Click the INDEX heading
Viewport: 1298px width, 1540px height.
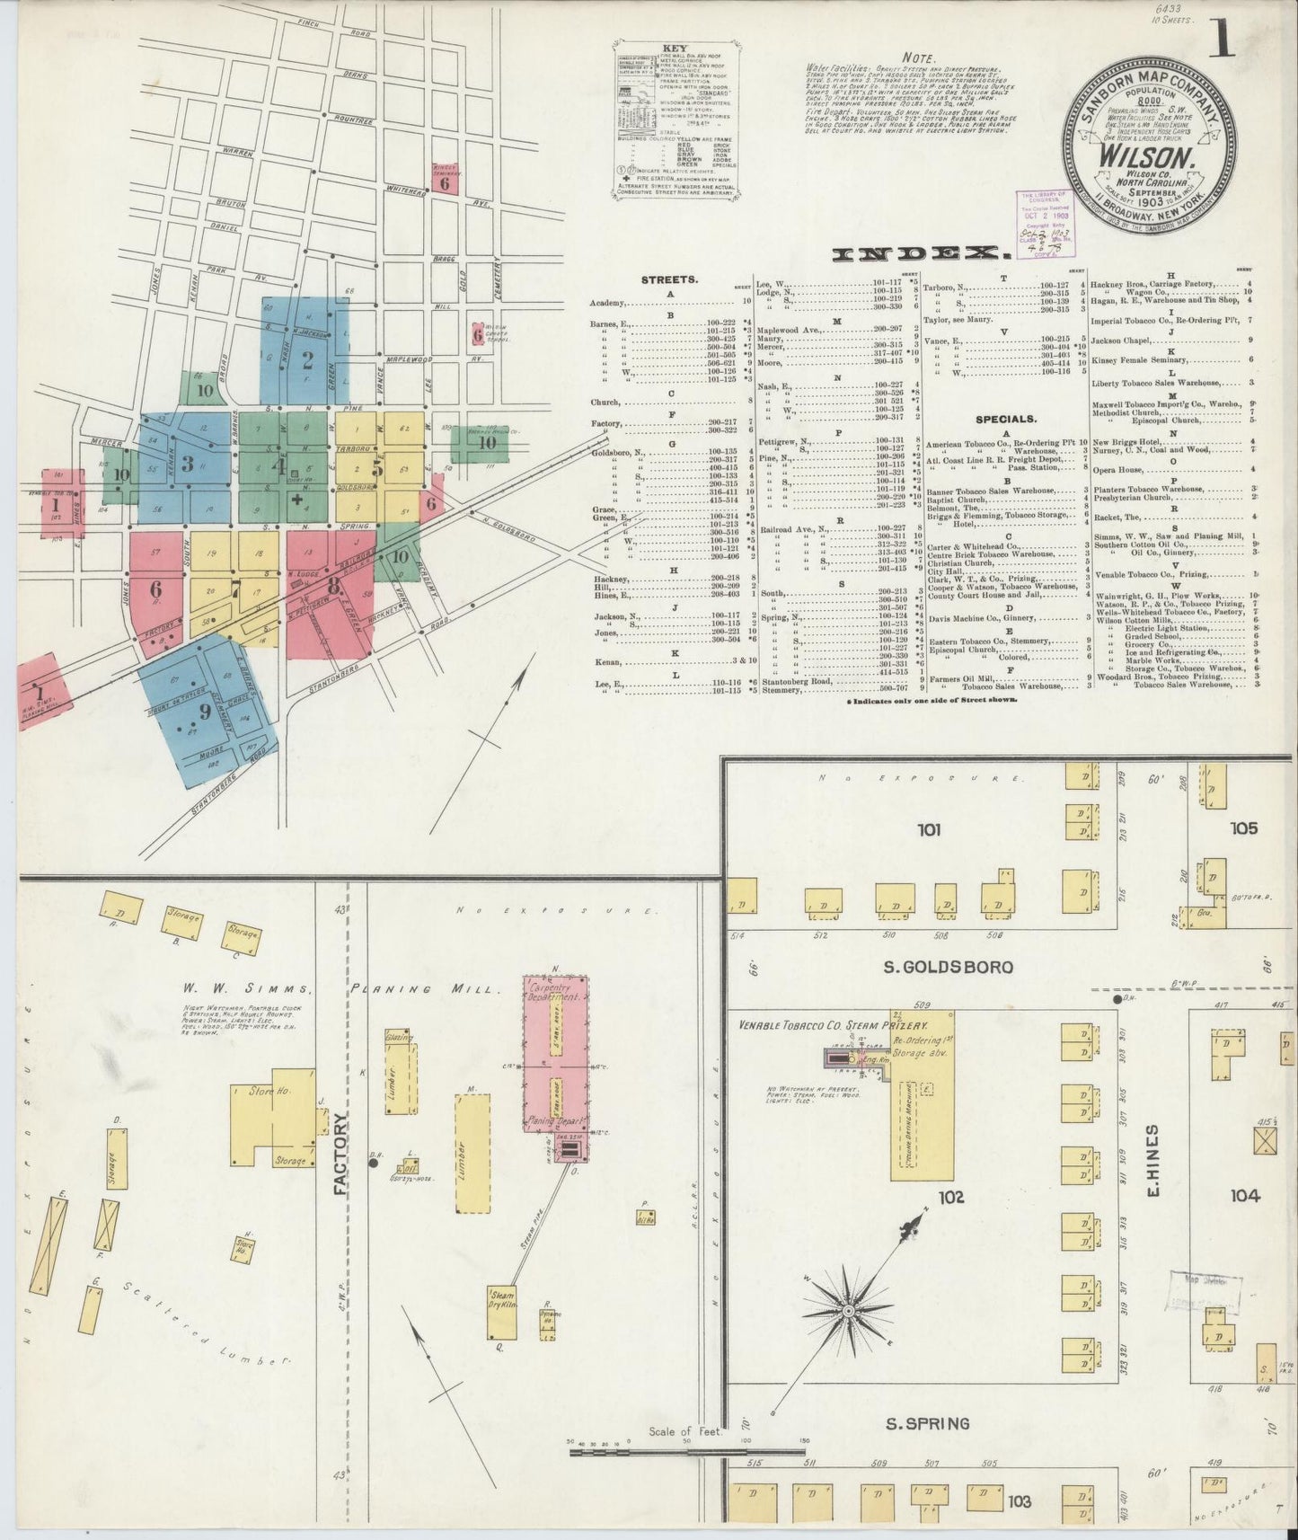pyautogui.click(x=916, y=255)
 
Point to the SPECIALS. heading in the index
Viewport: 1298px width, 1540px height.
pyautogui.click(x=1006, y=419)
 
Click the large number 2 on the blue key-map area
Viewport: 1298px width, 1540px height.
pyautogui.click(x=307, y=360)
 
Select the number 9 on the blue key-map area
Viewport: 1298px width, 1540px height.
pyautogui.click(x=205, y=712)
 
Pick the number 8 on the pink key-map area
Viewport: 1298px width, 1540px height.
pyautogui.click(x=333, y=584)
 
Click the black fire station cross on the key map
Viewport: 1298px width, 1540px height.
pyautogui.click(x=296, y=500)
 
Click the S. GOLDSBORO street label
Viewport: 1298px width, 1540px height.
pyautogui.click(x=953, y=967)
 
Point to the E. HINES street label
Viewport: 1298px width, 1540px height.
pyautogui.click(x=1154, y=1159)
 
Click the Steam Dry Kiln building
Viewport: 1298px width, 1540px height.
pyautogui.click(x=501, y=1298)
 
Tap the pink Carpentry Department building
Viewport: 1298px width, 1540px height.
pyautogui.click(x=556, y=1056)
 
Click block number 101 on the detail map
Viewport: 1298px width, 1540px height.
pyautogui.click(x=929, y=829)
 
